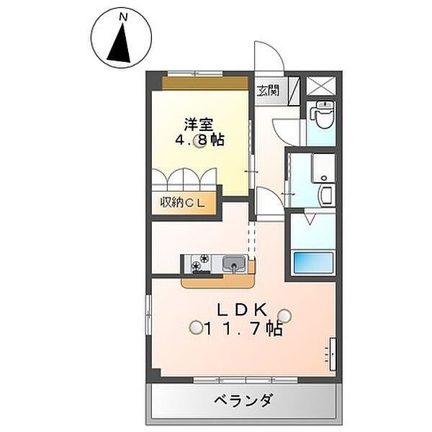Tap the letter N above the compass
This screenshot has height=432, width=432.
[124, 15]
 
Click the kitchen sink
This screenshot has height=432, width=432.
[233, 264]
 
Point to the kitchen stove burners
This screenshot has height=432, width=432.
[201, 264]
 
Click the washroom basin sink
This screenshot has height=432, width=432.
[324, 194]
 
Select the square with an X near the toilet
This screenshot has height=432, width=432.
[322, 85]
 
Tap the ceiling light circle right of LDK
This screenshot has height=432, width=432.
[286, 315]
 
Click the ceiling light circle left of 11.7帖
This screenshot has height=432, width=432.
[195, 328]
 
